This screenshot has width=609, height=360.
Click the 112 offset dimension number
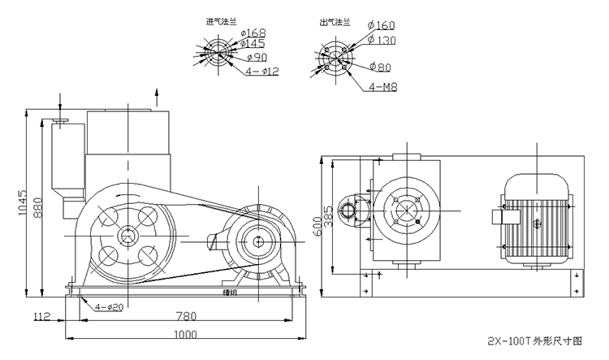[x=43, y=315]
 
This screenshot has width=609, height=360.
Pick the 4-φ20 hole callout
[x=108, y=306]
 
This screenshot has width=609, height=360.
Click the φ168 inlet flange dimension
[x=254, y=33]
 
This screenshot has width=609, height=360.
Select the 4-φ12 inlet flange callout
[x=262, y=72]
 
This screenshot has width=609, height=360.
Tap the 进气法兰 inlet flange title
[x=221, y=23]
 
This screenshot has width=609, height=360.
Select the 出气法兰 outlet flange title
[x=333, y=23]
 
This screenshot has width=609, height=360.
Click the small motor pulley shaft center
[x=257, y=241]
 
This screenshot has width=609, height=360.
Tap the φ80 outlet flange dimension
[x=381, y=66]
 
